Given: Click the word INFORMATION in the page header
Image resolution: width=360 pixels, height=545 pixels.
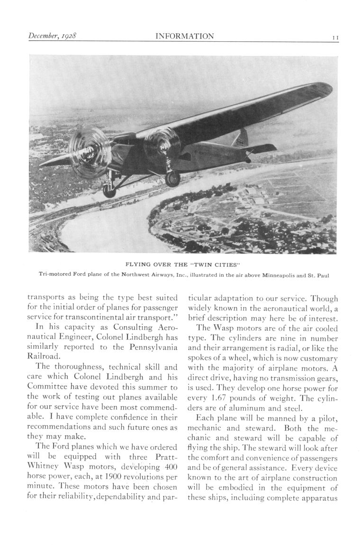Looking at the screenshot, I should point(185,36).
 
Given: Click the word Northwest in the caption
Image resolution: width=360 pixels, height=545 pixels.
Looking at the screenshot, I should point(138,273).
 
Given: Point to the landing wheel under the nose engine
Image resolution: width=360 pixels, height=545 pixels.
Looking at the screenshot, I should point(109,190).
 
